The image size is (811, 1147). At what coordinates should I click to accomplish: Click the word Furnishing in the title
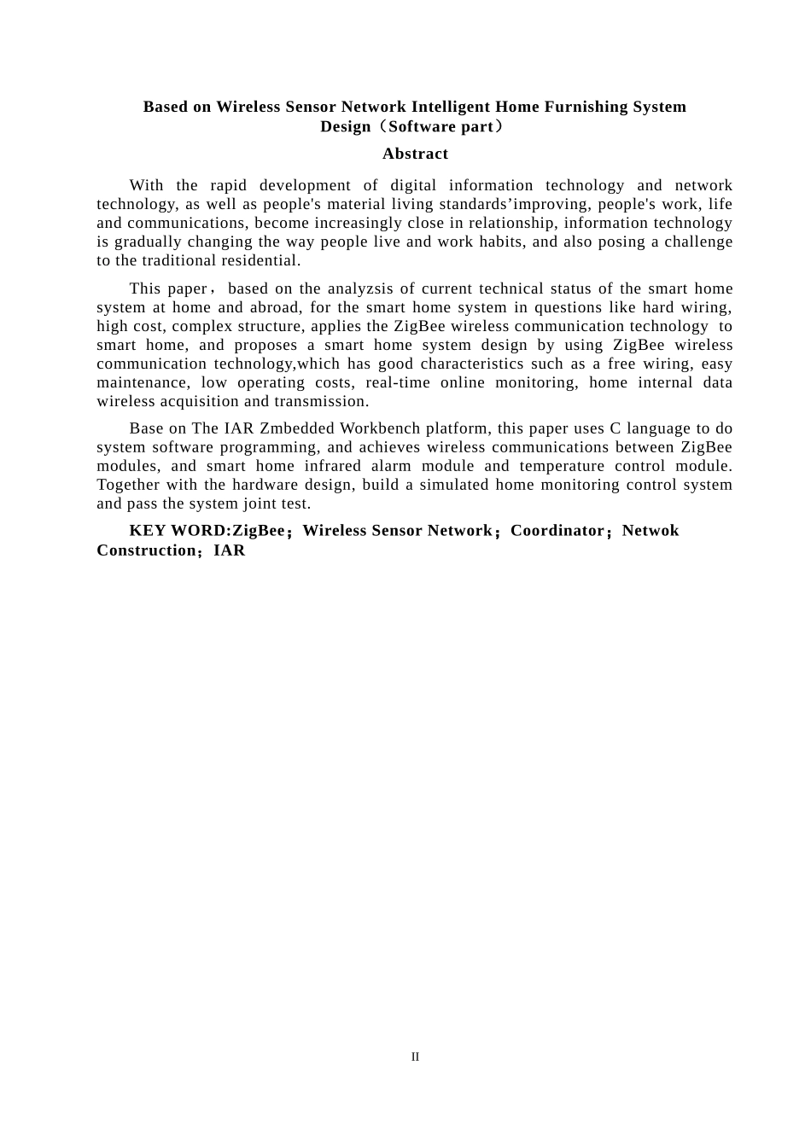(x=587, y=107)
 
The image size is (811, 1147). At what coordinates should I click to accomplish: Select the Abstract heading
(x=415, y=154)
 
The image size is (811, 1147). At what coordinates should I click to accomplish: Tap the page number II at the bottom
(x=415, y=1057)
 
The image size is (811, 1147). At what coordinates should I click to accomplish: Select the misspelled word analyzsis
(x=362, y=288)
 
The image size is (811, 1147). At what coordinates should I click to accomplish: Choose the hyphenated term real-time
(x=398, y=382)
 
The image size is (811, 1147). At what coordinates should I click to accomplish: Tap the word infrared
(x=333, y=466)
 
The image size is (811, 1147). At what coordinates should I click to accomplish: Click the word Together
(x=129, y=485)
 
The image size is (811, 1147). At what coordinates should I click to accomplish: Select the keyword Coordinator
(x=557, y=531)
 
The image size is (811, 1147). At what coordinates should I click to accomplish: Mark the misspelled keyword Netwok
(x=651, y=531)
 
